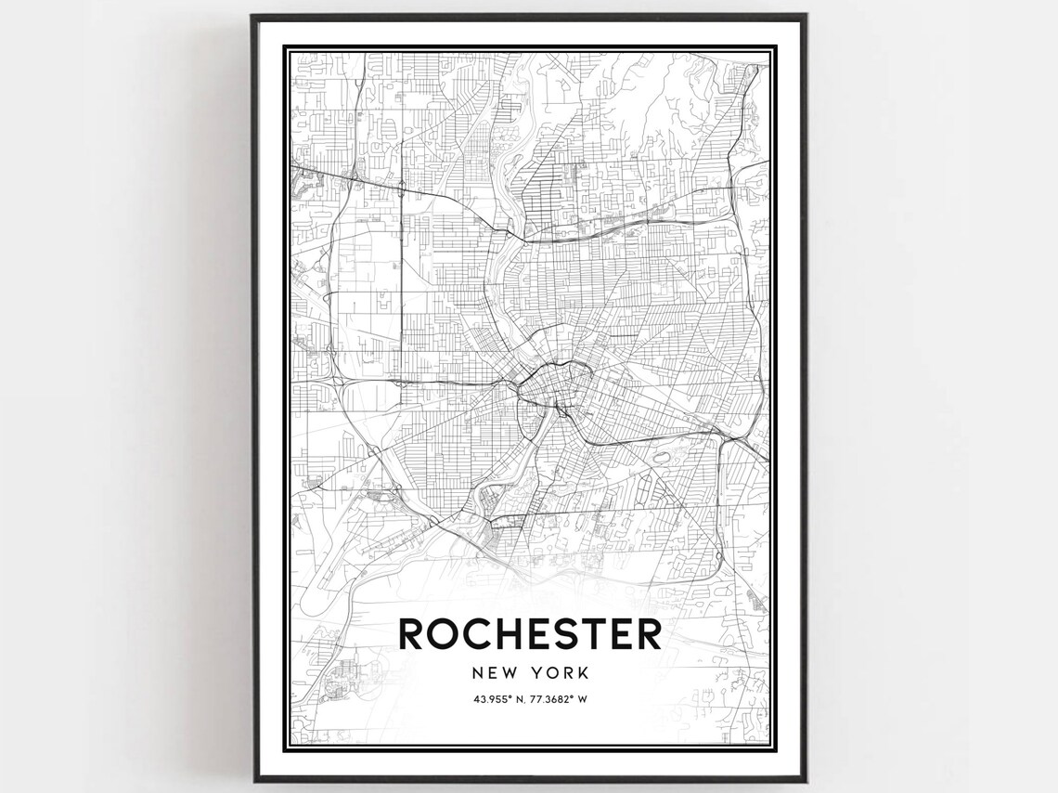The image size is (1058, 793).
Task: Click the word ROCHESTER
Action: click(x=530, y=634)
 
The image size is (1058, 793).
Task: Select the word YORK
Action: click(x=561, y=672)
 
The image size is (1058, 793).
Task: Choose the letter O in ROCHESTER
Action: click(x=445, y=634)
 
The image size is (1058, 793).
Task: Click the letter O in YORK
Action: click(x=554, y=672)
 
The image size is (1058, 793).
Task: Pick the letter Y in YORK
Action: click(x=538, y=672)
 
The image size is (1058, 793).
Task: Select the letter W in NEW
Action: click(x=510, y=672)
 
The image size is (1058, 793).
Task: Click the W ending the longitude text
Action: click(x=583, y=699)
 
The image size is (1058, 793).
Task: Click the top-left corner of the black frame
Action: click(x=253, y=15)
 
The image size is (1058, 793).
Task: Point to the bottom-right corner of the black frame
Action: click(x=806, y=780)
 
